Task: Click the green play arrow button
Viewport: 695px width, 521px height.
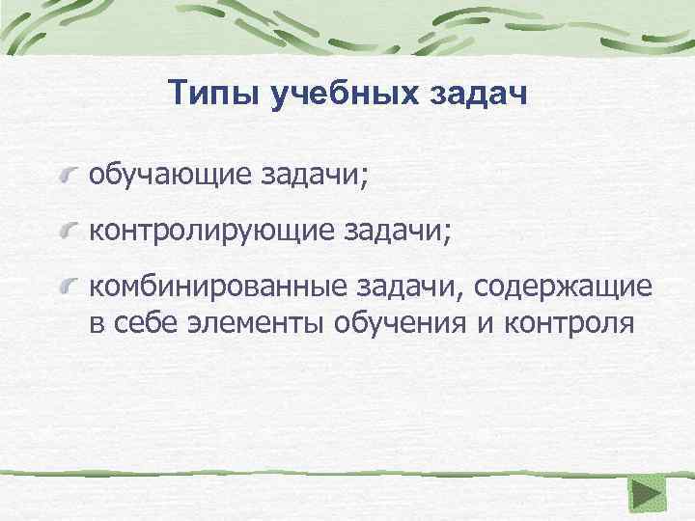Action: click(646, 496)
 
